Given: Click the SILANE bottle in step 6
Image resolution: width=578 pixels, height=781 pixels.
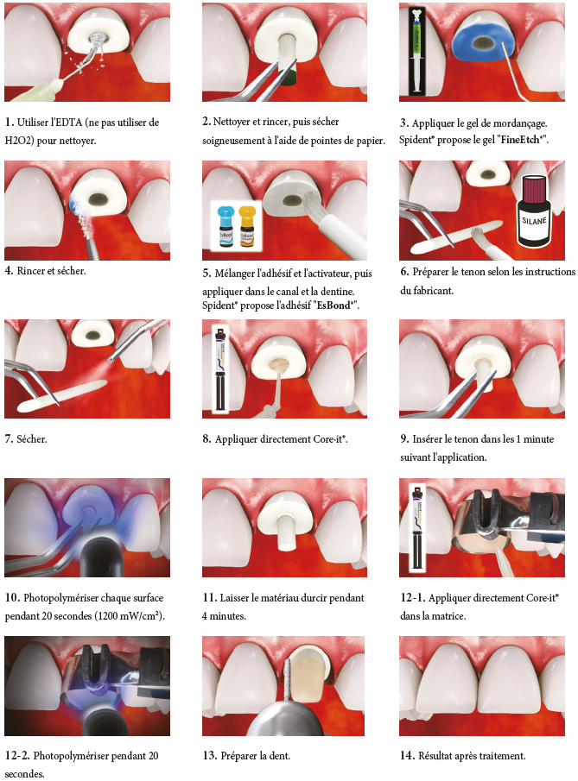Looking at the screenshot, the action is (x=534, y=211).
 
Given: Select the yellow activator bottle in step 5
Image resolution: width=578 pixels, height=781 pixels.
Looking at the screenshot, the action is (x=246, y=226).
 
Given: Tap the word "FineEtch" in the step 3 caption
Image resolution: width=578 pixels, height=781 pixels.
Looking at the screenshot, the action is (x=521, y=140).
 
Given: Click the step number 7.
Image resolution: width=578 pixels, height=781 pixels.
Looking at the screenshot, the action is (x=8, y=439).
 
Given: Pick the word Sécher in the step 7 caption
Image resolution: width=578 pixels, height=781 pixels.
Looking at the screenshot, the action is (x=32, y=439).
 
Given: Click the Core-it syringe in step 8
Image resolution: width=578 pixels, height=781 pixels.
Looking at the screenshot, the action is (x=219, y=368).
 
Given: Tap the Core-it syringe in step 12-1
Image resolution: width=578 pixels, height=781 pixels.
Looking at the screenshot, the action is (x=416, y=528).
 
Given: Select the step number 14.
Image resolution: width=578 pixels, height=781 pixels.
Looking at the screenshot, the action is (x=407, y=756).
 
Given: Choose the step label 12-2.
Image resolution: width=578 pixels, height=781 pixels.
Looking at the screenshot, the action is (x=17, y=756).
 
